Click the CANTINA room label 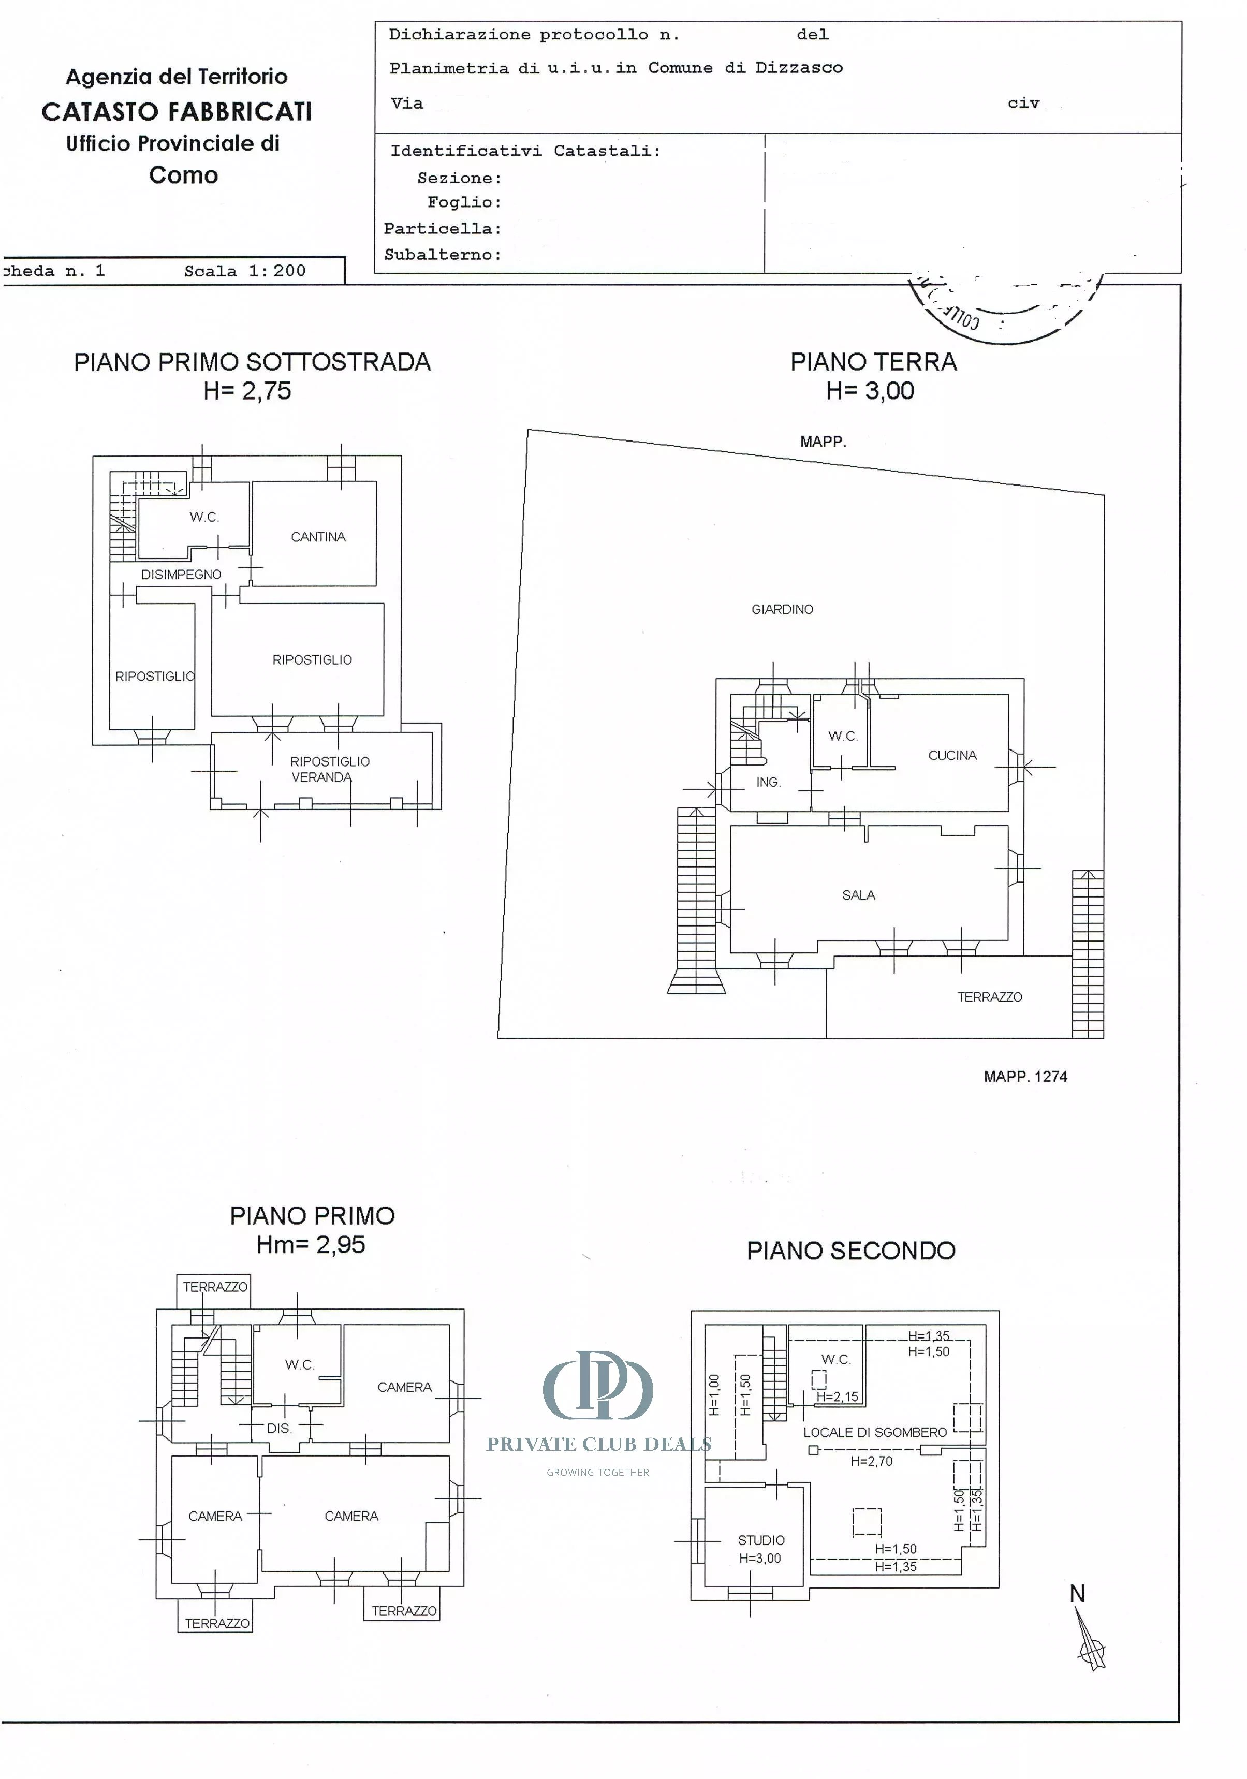(x=318, y=537)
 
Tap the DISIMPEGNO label (x=181, y=574)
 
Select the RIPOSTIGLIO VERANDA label (x=329, y=769)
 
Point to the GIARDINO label (x=782, y=610)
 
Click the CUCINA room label (x=952, y=756)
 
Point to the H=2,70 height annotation (x=871, y=1461)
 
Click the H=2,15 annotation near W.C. (x=837, y=1397)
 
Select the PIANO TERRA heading (x=873, y=362)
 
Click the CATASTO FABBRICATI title (x=177, y=112)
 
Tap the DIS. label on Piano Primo (x=278, y=1428)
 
